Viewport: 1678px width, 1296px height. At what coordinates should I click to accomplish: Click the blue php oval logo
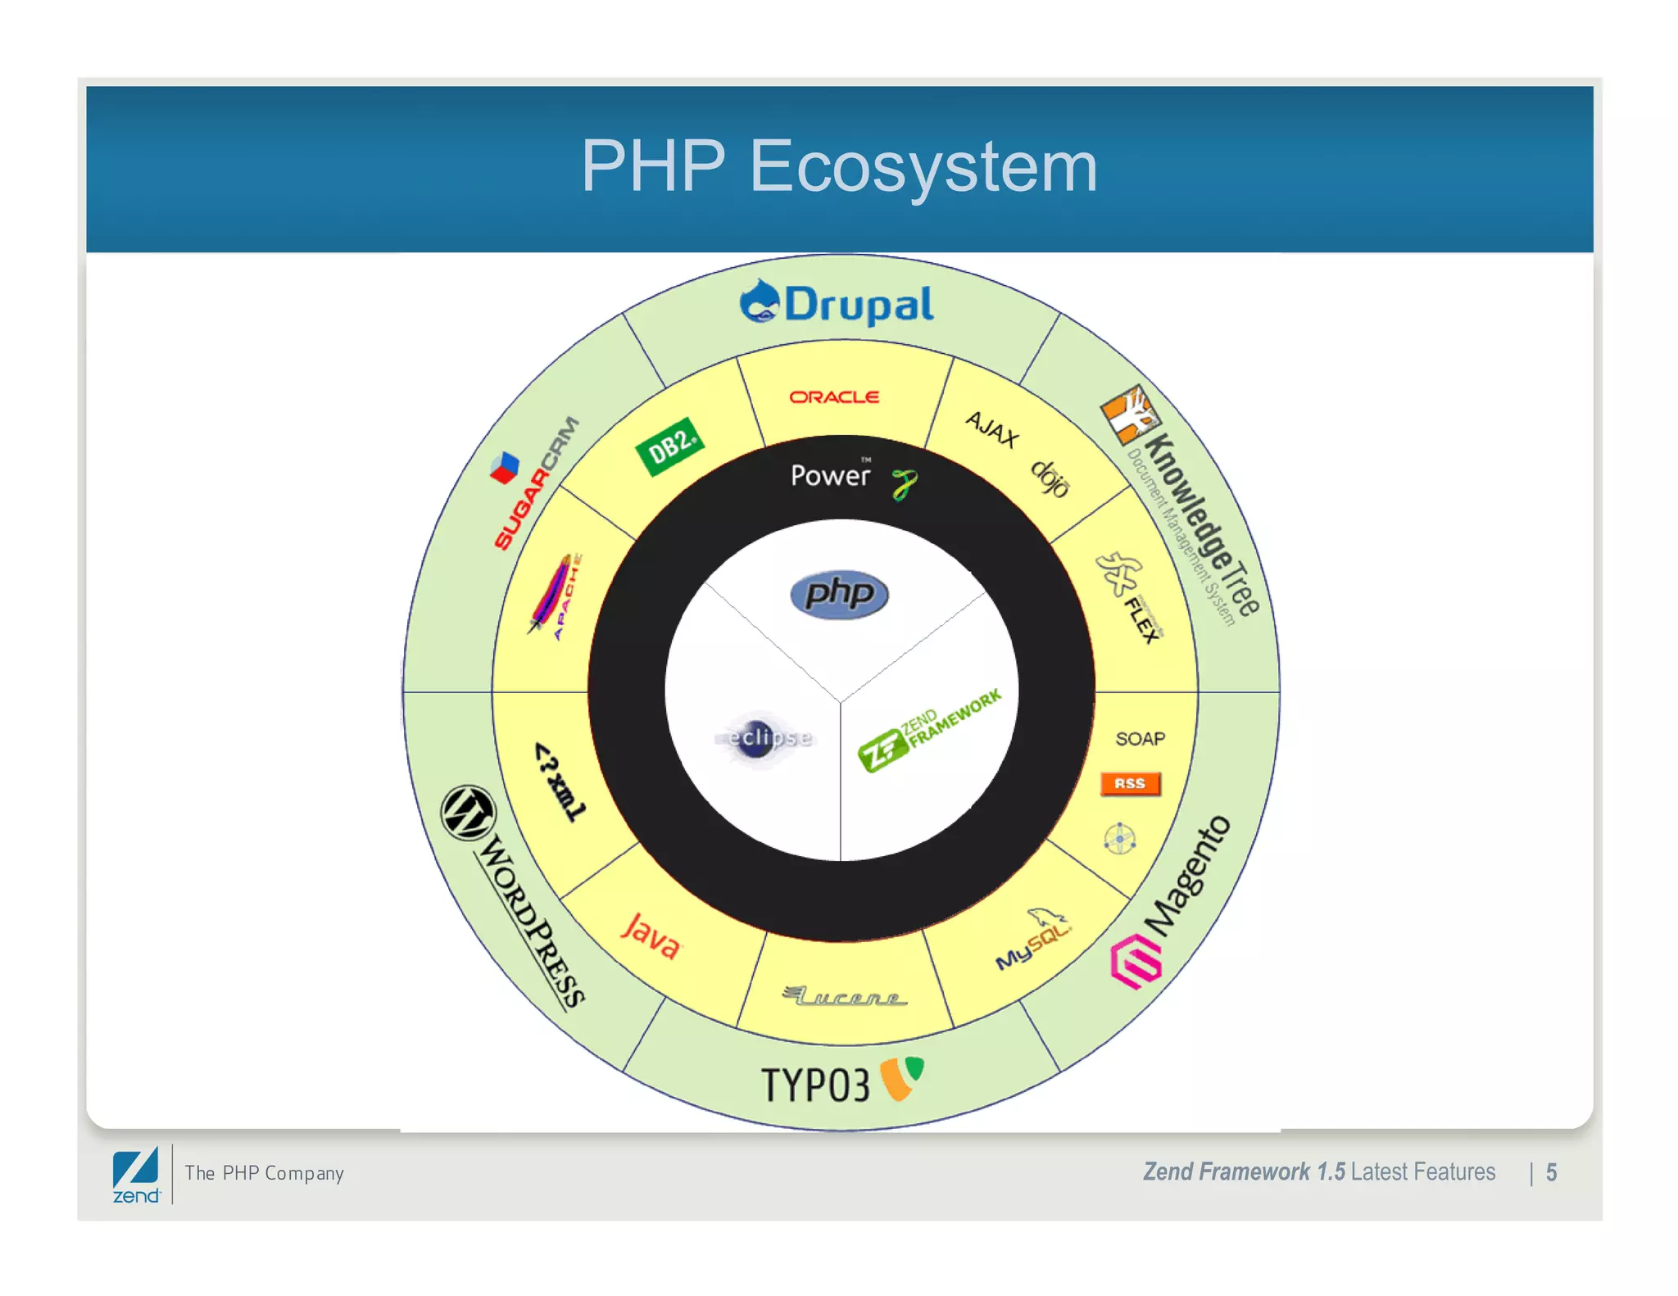coord(839,594)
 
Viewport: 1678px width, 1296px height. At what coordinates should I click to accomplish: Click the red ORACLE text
coord(834,397)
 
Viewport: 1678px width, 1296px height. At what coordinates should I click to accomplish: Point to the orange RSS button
coord(1130,784)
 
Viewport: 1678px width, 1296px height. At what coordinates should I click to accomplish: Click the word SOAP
coord(1140,739)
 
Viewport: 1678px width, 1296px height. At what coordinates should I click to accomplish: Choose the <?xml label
coord(560,782)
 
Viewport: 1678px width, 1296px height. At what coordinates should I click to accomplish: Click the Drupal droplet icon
coord(759,301)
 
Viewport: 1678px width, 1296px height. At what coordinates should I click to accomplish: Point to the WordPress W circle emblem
coord(469,813)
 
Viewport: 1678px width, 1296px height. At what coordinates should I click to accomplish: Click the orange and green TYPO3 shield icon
coord(901,1077)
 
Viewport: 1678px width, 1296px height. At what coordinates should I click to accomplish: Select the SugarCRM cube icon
coord(504,468)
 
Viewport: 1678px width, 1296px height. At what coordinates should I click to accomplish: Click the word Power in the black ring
coord(830,476)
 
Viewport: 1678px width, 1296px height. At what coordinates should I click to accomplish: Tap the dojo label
coord(1050,478)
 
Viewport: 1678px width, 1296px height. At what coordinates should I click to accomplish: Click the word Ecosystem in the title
coord(923,166)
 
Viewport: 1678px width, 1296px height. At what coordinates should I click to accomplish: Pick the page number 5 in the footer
coord(1551,1173)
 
